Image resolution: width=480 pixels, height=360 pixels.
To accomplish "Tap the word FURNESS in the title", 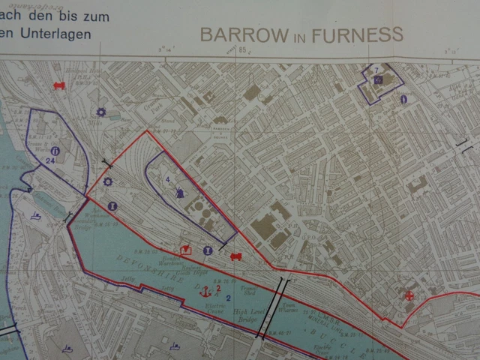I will [x=361, y=34].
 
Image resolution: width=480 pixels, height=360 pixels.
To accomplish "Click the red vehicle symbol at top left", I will [x=59, y=85].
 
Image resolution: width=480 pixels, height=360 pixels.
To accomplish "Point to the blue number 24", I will [x=50, y=160].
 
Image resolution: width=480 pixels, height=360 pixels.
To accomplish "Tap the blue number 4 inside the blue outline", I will [x=167, y=179].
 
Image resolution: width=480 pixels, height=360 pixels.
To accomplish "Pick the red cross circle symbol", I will [x=409, y=295].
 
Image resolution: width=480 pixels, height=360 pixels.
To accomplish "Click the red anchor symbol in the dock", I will [x=205, y=289].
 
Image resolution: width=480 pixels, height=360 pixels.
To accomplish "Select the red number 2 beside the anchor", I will [x=217, y=287].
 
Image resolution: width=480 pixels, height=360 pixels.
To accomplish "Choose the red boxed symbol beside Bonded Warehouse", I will [x=185, y=249].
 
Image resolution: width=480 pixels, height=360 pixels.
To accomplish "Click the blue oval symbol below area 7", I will [x=403, y=98].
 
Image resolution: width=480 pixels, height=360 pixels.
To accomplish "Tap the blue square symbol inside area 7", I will [x=378, y=79].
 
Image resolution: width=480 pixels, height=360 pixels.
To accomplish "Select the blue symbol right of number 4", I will [x=180, y=191].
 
